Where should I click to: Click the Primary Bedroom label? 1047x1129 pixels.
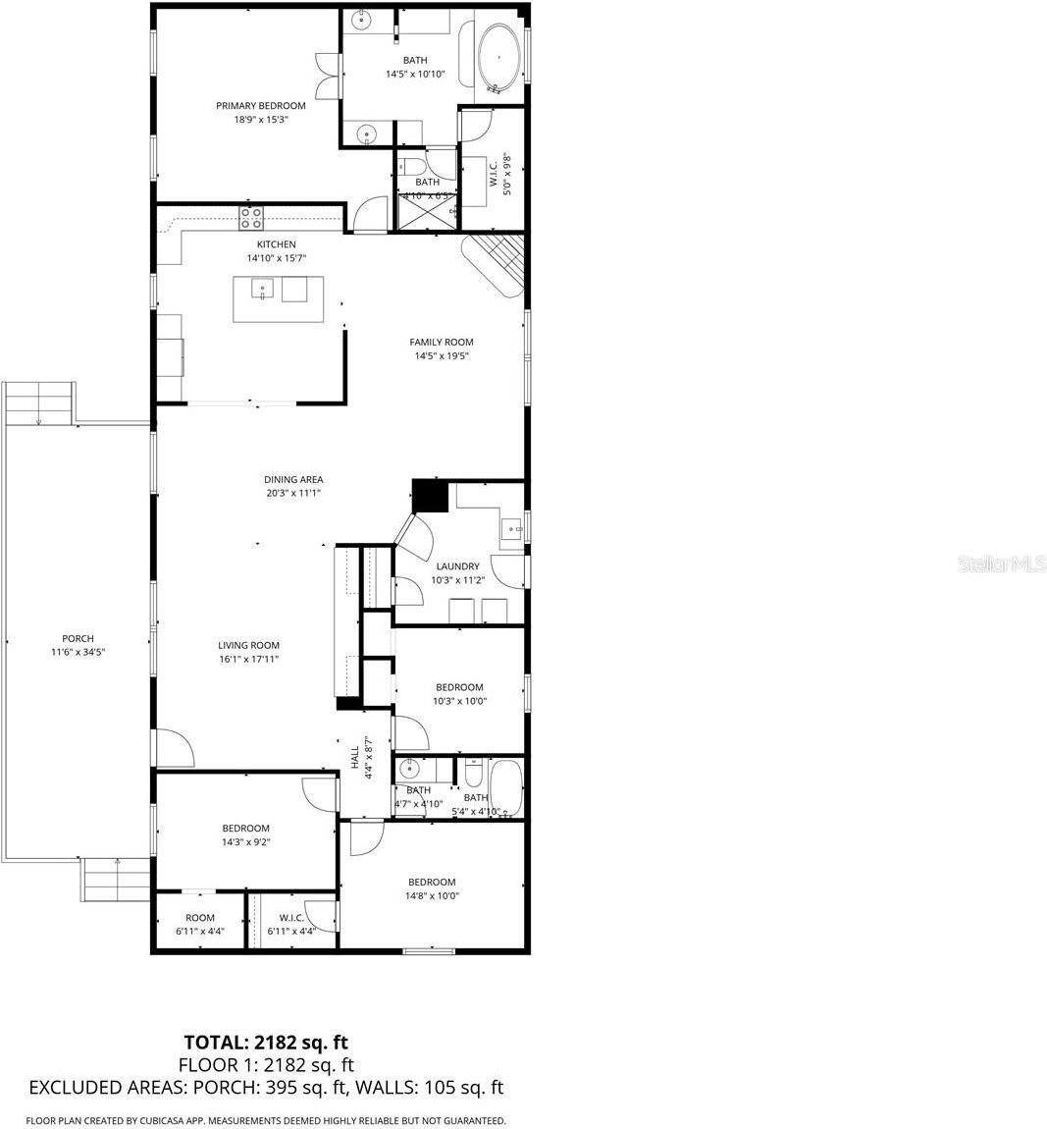pos(260,106)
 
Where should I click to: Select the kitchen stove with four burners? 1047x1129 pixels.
pos(251,217)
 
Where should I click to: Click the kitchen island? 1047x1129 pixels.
pos(278,299)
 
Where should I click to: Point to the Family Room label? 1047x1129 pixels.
pos(441,343)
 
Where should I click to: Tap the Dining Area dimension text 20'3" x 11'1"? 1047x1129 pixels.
pos(293,494)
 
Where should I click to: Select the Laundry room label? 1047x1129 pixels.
pos(457,566)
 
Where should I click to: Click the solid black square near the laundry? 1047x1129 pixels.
pos(430,497)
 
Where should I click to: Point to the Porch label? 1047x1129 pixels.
pos(78,639)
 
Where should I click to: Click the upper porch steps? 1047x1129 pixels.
pos(39,403)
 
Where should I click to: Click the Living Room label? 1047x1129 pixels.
pos(249,646)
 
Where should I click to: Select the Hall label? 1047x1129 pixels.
pos(354,758)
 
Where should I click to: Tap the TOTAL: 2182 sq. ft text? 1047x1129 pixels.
pos(266,1042)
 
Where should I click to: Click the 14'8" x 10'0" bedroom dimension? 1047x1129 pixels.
pos(432,895)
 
